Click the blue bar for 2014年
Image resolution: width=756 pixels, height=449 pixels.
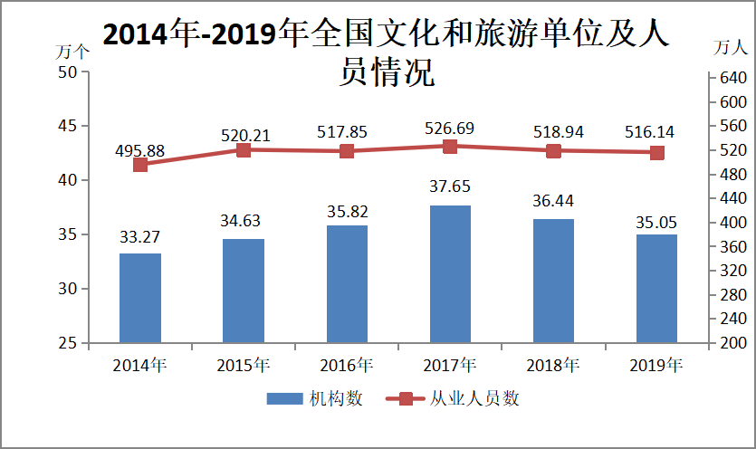pos(140,298)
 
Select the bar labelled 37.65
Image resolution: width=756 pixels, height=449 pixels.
pos(450,274)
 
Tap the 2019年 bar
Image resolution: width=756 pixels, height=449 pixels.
pos(656,289)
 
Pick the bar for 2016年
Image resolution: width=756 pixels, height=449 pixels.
pos(347,284)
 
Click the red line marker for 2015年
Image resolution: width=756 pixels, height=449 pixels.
pos(244,149)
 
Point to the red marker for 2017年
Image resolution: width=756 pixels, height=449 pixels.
pos(450,146)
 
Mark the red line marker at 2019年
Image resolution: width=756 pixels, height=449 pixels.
pos(656,153)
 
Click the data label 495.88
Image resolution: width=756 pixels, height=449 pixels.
pos(140,150)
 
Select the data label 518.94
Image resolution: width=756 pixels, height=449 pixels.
pos(553,132)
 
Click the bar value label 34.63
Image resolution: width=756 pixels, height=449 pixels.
pos(244,220)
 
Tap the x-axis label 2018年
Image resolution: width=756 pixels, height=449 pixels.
pos(553,366)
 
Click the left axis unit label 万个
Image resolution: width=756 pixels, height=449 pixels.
pos(72,52)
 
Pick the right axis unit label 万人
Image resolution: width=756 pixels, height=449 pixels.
pos(731,46)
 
